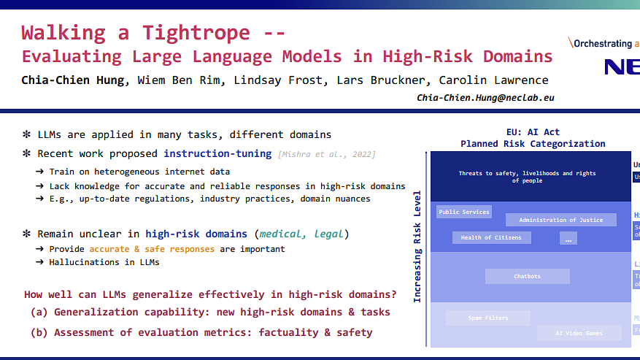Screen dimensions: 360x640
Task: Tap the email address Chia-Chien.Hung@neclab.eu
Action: pos(485,97)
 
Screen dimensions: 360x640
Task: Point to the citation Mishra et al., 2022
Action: pos(327,154)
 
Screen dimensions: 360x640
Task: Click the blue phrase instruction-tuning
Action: pos(217,153)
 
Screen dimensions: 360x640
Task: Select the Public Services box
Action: pos(464,212)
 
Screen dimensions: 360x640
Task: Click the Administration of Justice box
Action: pos(560,220)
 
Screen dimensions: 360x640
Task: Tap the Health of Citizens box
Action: pos(491,237)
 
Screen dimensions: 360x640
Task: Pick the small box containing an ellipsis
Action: pos(568,237)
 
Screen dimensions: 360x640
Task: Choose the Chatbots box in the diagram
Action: pos(527,276)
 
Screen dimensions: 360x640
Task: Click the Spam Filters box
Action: pos(487,318)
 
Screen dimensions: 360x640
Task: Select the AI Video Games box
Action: pos(579,333)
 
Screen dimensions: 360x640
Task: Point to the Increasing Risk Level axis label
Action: pos(418,248)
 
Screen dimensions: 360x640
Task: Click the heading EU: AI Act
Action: pos(533,131)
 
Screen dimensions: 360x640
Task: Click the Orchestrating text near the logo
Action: pos(603,44)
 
